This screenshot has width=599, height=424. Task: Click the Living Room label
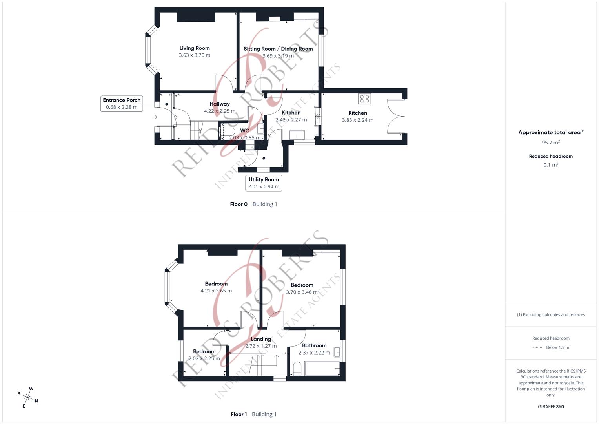click(x=195, y=48)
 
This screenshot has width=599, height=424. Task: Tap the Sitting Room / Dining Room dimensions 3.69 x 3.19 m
click(x=278, y=56)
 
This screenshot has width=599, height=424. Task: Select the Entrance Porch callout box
click(x=122, y=103)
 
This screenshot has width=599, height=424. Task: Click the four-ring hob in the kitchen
click(x=364, y=99)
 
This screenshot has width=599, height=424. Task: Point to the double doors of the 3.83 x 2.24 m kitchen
click(x=395, y=116)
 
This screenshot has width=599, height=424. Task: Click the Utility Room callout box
click(x=264, y=183)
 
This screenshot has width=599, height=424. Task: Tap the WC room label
click(x=244, y=131)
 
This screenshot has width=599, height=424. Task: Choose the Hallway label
click(x=220, y=104)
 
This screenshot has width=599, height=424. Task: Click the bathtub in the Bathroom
click(x=322, y=369)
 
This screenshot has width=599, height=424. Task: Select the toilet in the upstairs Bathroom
click(x=297, y=369)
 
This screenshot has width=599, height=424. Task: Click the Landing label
click(x=261, y=339)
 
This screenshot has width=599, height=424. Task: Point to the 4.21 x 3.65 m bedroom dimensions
click(x=216, y=291)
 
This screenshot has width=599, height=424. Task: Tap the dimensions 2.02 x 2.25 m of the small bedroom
click(x=204, y=358)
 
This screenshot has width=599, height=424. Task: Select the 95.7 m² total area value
click(x=551, y=143)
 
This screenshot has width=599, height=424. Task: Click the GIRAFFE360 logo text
click(x=551, y=407)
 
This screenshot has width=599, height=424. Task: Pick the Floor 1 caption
click(x=239, y=414)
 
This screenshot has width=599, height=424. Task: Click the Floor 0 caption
click(x=239, y=204)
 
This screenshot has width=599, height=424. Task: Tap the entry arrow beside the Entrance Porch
click(x=155, y=117)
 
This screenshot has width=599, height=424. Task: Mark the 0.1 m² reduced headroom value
click(x=551, y=165)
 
